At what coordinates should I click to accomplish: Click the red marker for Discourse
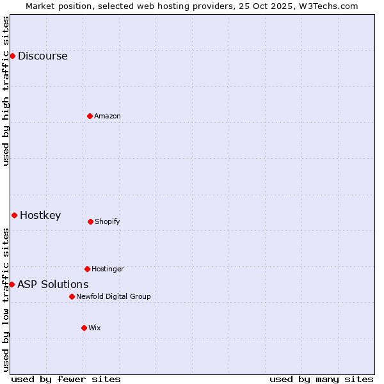pos(12,56)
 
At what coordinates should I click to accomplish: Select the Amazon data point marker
pos(90,116)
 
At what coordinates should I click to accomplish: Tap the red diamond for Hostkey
pos(14,215)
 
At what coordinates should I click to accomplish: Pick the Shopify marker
pos(90,221)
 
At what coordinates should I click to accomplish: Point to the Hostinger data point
pos(87,269)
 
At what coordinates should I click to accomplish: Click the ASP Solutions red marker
pos(12,284)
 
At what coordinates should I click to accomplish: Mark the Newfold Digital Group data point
pos(72,296)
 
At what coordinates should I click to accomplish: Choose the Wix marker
pos(84,328)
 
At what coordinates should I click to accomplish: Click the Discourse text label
pos(42,56)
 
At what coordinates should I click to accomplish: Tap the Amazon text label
pos(108,116)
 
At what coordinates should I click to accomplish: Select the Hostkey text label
pos(40,215)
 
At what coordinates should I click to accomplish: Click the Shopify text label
pos(108,221)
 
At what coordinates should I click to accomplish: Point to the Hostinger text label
pos(108,269)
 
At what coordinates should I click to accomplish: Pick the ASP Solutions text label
pos(52,284)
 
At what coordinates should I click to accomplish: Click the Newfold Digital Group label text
pos(113,296)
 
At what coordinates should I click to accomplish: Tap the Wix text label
pos(95,328)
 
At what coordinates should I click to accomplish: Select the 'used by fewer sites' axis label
pos(66,379)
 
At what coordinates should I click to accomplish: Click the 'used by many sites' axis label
pos(321,379)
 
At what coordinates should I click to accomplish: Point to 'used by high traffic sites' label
pos(6,91)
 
